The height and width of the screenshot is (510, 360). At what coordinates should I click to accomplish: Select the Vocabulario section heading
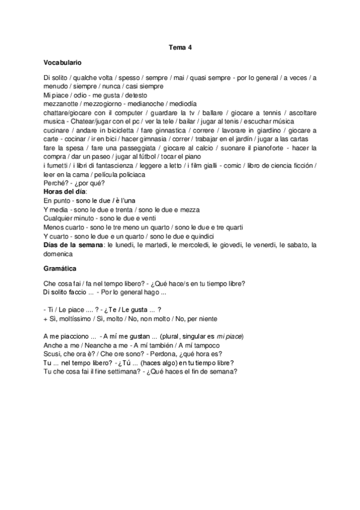point(63,63)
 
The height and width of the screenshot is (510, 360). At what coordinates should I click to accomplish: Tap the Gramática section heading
point(59,268)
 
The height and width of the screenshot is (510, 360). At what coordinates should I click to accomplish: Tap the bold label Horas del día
point(66,191)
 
